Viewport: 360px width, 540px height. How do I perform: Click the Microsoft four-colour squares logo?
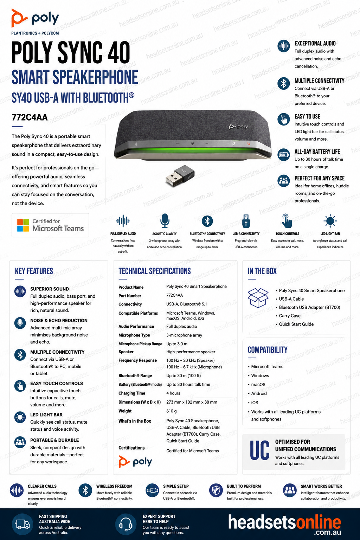coord(23,225)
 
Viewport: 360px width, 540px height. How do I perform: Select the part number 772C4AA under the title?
coord(30,117)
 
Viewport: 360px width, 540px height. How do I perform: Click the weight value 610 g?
coord(172,411)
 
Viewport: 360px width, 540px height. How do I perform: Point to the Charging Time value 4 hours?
coord(173,393)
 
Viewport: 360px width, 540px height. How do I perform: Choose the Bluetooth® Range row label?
coord(135,375)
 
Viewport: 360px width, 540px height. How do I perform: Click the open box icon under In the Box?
coord(258,298)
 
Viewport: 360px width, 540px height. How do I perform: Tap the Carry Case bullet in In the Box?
coord(290,316)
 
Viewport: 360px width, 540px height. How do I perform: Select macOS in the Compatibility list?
coord(258,385)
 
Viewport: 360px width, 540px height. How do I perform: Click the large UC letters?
coord(260,450)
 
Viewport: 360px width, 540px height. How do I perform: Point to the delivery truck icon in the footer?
coord(22,524)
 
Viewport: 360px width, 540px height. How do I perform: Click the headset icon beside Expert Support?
coord(126,524)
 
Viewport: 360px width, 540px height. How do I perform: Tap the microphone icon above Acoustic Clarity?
coord(165,220)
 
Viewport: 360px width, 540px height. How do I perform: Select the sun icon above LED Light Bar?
coord(330,220)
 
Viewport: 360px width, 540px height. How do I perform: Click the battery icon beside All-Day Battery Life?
coord(284,155)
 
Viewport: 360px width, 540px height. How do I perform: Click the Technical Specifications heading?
coord(155,271)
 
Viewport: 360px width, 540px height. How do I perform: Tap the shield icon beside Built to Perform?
coord(216,490)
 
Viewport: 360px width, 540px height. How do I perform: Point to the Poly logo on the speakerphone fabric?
coord(238,126)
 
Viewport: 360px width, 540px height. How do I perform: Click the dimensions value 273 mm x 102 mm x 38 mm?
coord(192,402)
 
